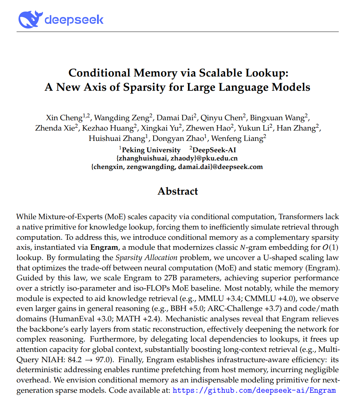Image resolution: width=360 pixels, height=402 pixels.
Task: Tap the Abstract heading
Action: pyautogui.click(x=178, y=191)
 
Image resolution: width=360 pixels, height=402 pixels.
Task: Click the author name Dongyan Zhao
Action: pyautogui.click(x=181, y=138)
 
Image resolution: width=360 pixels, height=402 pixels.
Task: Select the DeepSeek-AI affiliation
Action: pyautogui.click(x=213, y=150)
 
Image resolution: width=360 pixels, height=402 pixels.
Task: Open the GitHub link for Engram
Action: pyautogui.click(x=254, y=390)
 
